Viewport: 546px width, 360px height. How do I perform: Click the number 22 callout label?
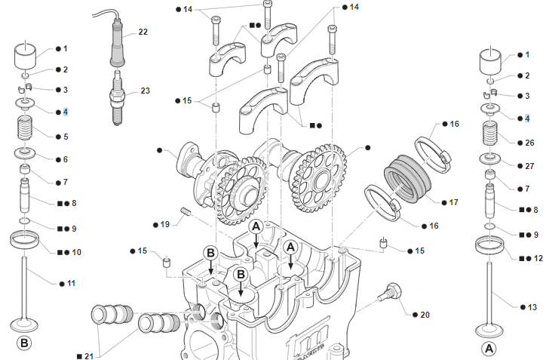pos(143,32)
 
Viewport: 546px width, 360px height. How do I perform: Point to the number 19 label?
pos(165,224)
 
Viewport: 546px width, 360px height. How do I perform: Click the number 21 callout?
pos(90,353)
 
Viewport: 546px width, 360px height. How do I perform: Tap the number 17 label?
pos(454,202)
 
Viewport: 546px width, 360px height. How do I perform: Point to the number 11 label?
pos(72,283)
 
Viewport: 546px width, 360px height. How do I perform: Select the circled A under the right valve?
pos(489,349)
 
